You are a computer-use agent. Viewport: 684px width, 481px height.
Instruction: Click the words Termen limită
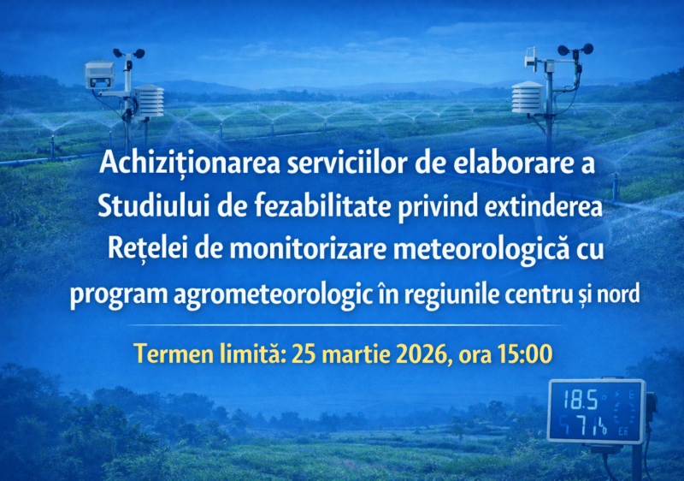coord(210,353)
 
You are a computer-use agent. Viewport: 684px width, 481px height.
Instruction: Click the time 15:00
coord(523,353)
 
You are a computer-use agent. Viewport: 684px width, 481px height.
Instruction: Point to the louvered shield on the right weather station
coord(527,97)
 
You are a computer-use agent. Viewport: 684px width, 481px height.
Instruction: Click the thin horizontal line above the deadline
coord(342,325)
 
